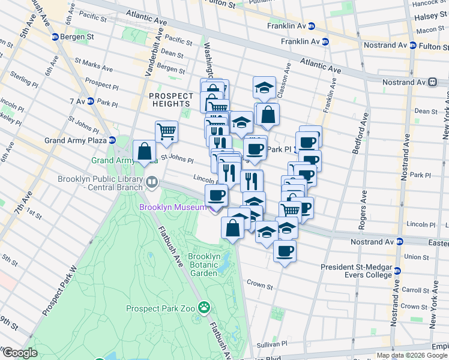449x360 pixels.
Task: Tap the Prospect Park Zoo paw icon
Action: click(204, 308)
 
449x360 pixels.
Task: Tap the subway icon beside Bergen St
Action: click(55, 37)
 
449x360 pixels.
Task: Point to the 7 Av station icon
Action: click(91, 101)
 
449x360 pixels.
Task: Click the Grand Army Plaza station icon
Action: click(112, 140)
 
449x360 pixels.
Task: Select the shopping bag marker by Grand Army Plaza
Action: click(145, 151)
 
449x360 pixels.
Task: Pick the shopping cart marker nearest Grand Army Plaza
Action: click(166, 130)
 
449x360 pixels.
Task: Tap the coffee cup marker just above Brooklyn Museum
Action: click(217, 194)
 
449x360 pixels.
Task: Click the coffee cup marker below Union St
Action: click(285, 250)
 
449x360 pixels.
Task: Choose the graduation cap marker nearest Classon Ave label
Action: click(264, 88)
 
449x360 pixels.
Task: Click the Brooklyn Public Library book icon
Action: click(152, 182)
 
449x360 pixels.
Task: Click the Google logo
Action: click(19, 353)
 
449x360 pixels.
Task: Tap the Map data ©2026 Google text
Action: click(411, 355)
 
